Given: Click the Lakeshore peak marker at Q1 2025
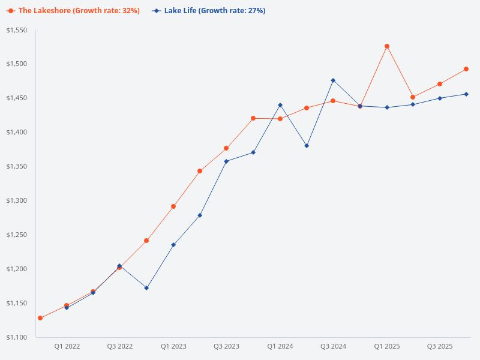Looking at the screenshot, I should pos(387,46).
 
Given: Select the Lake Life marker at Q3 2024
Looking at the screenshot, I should pos(333,80).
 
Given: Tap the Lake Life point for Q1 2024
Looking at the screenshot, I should pos(280,105).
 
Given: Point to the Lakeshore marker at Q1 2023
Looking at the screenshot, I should pos(173,206).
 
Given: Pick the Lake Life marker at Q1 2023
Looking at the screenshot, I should pos(173,245).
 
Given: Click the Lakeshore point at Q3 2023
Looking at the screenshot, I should pos(226,148).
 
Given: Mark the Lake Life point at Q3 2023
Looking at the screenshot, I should pos(226,161).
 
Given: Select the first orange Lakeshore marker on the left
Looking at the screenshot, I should pos(40,318).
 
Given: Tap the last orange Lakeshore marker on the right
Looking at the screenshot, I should pos(466,69).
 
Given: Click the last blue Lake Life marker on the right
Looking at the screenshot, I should pos(466,94).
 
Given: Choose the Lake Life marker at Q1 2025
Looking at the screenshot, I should pos(387,107).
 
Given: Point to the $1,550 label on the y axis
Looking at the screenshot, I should pos(17,30).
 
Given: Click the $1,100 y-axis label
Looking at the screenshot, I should pos(17,337).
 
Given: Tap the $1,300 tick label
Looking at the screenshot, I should pos(17,200).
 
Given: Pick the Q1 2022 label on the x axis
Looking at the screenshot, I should pos(67,347).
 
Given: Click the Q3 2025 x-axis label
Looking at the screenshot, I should pos(440,347).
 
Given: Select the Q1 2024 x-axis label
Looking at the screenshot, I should pos(280,347).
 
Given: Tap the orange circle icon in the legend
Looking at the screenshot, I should pos(10,11).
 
